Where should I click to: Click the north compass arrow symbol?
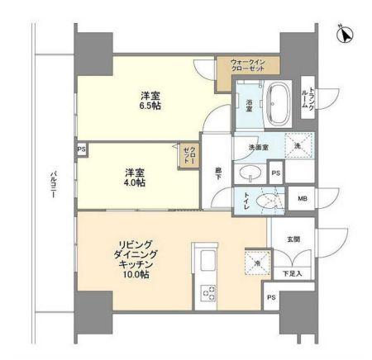[346, 36]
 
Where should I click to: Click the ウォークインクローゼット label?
[247, 67]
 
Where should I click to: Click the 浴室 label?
[248, 104]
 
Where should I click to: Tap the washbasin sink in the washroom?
[250, 173]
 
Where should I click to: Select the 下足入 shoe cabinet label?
[293, 272]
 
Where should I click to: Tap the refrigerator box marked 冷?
[256, 263]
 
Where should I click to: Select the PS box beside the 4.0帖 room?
[81, 149]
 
